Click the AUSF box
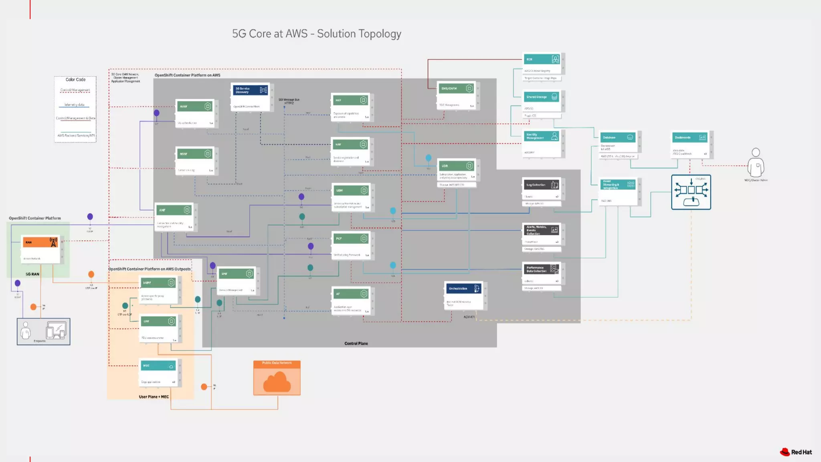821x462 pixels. [x=195, y=113]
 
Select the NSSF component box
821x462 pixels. [x=195, y=160]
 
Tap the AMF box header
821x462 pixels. [x=174, y=210]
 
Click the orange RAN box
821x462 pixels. [x=40, y=242]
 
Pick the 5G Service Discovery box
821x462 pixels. [x=251, y=97]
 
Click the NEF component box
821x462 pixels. [x=351, y=107]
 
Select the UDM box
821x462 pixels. [x=352, y=197]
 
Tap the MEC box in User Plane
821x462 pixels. [x=159, y=373]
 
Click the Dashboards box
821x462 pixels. [x=690, y=144]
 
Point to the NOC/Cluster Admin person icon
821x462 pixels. [x=756, y=163]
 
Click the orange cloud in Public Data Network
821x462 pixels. [x=277, y=382]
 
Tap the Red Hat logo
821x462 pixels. [x=796, y=452]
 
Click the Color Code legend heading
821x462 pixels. [x=75, y=79]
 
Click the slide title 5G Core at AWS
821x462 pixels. [x=316, y=34]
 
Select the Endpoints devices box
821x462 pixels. [x=43, y=331]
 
